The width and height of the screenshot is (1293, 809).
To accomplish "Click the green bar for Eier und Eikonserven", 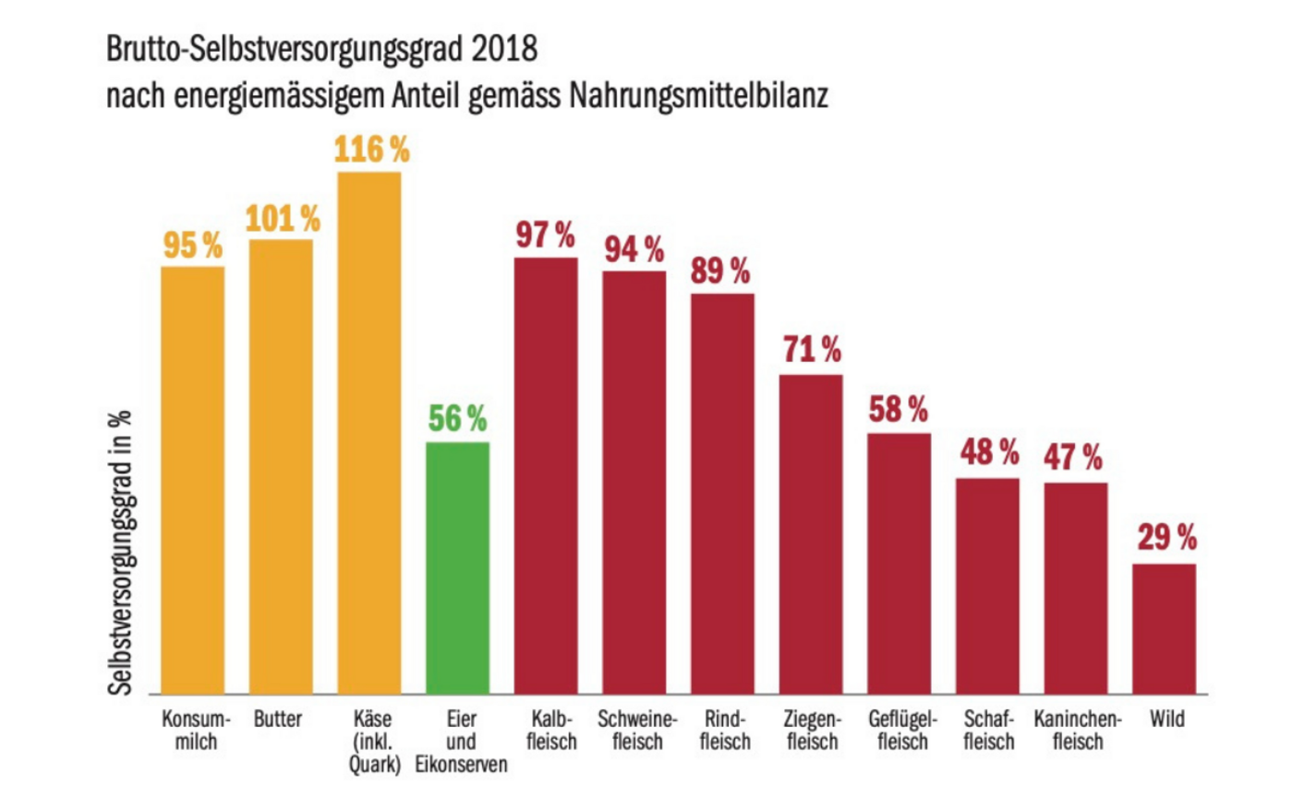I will [x=457, y=567].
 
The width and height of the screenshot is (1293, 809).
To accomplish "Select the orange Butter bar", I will [x=281, y=466].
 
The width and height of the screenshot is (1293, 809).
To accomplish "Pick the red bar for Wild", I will [x=1164, y=628].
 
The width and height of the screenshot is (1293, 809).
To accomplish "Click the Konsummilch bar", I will [x=193, y=480].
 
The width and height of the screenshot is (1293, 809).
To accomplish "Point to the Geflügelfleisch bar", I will [x=899, y=563].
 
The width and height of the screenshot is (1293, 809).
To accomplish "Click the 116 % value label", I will [x=371, y=150].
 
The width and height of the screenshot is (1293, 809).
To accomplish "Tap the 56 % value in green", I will [x=457, y=419].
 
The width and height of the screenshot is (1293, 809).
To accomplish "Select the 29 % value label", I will [x=1166, y=537].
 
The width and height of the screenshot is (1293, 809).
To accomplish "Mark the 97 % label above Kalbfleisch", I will [x=545, y=235].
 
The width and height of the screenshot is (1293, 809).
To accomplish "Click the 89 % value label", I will [x=720, y=272].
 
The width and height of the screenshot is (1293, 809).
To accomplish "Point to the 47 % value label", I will [x=1073, y=457].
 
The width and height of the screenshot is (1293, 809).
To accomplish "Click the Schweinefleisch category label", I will [x=636, y=730].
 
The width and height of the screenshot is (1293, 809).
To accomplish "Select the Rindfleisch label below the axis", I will [x=724, y=730].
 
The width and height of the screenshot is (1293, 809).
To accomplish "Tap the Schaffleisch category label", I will [x=987, y=730].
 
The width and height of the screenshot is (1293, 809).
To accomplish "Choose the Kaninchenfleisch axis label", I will [x=1077, y=730].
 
